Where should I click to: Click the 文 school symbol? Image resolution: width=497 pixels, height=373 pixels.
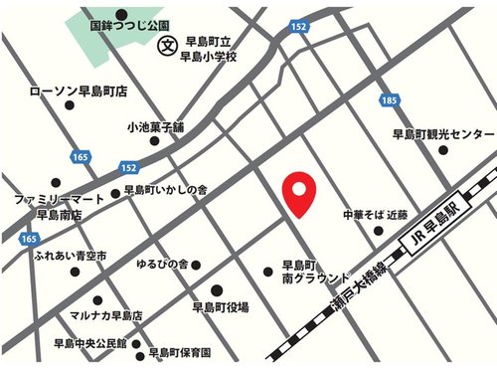169,45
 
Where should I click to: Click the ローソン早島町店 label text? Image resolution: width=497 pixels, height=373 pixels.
79,92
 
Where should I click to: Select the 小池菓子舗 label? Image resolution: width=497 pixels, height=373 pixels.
156,128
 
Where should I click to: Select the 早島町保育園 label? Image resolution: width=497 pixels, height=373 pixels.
179,352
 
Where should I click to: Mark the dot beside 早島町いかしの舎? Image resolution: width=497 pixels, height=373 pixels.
116,194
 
